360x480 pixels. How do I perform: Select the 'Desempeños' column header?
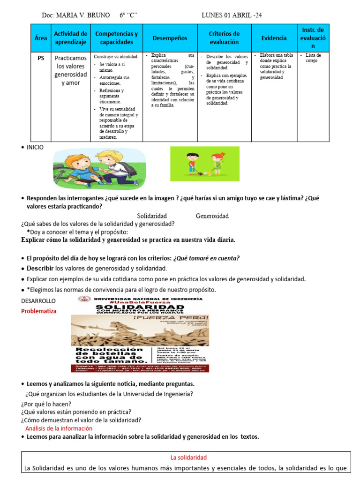pos(170,38)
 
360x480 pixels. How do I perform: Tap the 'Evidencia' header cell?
pos(274,38)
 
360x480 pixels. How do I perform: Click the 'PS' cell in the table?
pos(41,58)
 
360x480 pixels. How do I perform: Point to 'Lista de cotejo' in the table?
pos(313,58)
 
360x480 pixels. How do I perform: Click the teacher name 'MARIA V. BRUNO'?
pos(83,15)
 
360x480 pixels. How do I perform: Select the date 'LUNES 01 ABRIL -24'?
pos(232,15)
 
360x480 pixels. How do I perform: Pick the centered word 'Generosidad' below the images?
pos(212,216)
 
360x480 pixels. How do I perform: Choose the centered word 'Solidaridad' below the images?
pos(152,216)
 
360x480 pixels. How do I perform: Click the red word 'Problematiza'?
pos(39,311)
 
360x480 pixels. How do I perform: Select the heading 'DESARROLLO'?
pos(38,300)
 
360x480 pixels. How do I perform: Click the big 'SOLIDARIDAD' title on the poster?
pos(140,307)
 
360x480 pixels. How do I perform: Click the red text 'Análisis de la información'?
pos(59,428)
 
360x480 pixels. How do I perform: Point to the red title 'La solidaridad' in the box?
pos(188,457)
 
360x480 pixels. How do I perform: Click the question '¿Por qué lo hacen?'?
pos(46,404)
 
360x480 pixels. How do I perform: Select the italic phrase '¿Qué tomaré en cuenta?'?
pos(206,258)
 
